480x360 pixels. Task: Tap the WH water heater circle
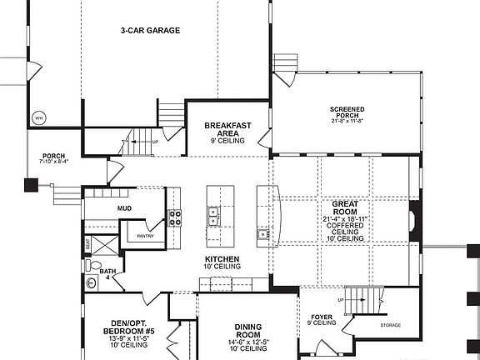coord(38,118)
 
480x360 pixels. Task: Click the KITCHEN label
coord(222,259)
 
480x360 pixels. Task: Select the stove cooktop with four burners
coord(176,218)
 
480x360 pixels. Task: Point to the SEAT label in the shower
coord(87,245)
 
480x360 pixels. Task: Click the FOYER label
coord(322,317)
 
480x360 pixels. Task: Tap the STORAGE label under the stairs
coord(391,325)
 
